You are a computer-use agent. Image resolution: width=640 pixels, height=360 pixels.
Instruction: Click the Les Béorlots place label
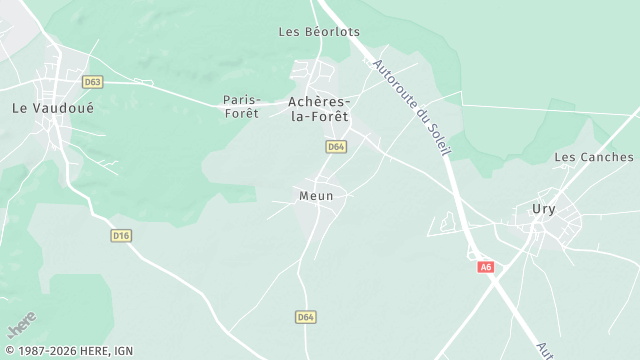coord(318,32)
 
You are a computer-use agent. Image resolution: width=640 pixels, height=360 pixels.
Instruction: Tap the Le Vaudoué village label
coord(52,107)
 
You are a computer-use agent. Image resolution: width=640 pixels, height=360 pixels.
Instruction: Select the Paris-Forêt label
coord(241,106)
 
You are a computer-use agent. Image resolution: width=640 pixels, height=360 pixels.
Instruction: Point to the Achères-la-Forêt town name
coord(318,109)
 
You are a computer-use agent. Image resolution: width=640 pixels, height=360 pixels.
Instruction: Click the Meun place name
coord(316,196)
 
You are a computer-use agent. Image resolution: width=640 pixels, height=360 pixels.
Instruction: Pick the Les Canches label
coord(594,157)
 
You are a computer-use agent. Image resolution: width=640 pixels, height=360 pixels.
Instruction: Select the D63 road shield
coord(93,82)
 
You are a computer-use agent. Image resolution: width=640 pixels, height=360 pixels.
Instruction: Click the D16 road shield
coord(121,235)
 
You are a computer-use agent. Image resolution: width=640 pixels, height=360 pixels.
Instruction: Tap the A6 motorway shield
coord(486,267)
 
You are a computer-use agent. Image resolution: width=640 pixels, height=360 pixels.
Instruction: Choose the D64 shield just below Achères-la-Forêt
coord(336,147)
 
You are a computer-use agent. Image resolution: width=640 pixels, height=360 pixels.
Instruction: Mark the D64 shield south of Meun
coord(306,317)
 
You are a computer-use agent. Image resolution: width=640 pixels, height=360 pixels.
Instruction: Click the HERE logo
coord(22,325)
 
